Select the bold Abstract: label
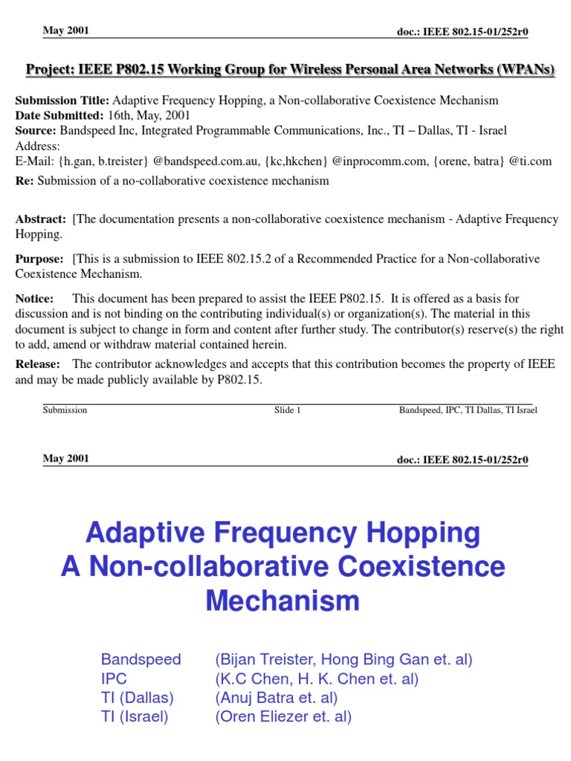click(x=41, y=218)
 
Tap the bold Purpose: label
click(x=40, y=259)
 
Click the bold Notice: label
click(x=35, y=298)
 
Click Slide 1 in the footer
click(x=287, y=410)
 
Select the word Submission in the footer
click(x=65, y=410)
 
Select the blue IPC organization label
click(x=114, y=679)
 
